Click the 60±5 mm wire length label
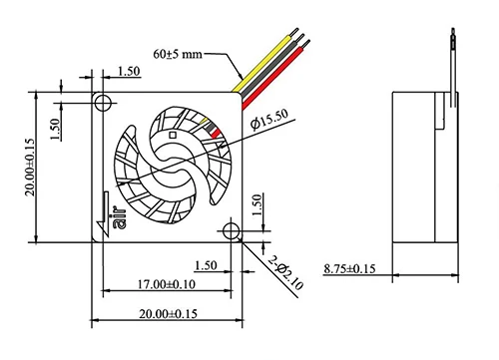click(x=178, y=53)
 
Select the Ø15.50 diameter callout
click(x=269, y=120)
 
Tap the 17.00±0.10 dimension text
click(x=167, y=284)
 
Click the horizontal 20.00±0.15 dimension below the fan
click(x=168, y=314)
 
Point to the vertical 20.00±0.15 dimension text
click(x=30, y=168)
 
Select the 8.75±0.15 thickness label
click(x=349, y=268)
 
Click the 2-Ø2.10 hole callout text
click(x=286, y=272)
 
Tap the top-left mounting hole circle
click(x=103, y=103)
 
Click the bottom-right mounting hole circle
click(x=231, y=230)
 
